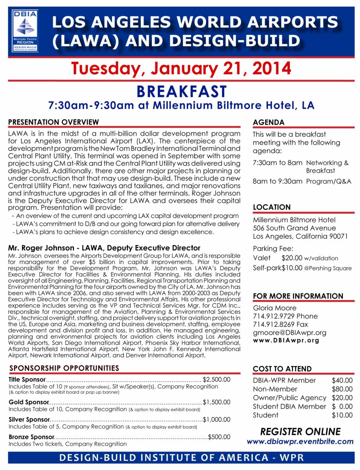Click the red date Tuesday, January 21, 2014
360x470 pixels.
click(x=181, y=69)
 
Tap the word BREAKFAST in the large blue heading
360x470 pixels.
click(x=181, y=92)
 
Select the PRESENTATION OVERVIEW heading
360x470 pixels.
click(x=54, y=122)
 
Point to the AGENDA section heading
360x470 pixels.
click(x=268, y=123)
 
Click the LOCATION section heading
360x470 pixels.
click(x=272, y=207)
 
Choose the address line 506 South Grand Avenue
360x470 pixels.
click(x=294, y=228)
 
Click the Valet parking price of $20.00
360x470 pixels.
click(x=292, y=258)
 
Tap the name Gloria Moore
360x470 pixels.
click(x=275, y=308)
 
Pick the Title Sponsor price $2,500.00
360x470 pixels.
click(x=217, y=380)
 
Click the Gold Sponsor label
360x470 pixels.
click(x=29, y=402)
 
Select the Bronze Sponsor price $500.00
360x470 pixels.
click(x=219, y=437)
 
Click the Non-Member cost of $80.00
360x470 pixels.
click(x=342, y=389)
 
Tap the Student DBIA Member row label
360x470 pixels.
click(x=289, y=407)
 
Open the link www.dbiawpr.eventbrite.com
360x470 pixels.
click(x=300, y=441)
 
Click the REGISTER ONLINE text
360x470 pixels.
click(x=300, y=432)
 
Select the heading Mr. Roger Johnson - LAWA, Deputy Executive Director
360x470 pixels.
click(x=104, y=248)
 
